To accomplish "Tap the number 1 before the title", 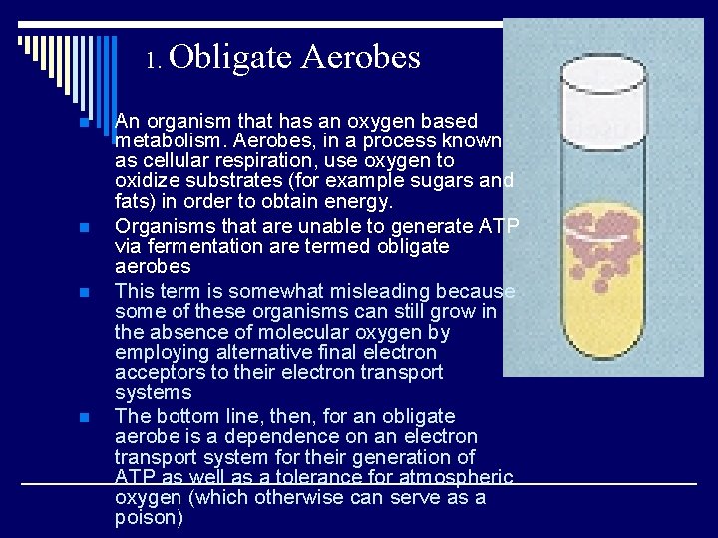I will (153, 61).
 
